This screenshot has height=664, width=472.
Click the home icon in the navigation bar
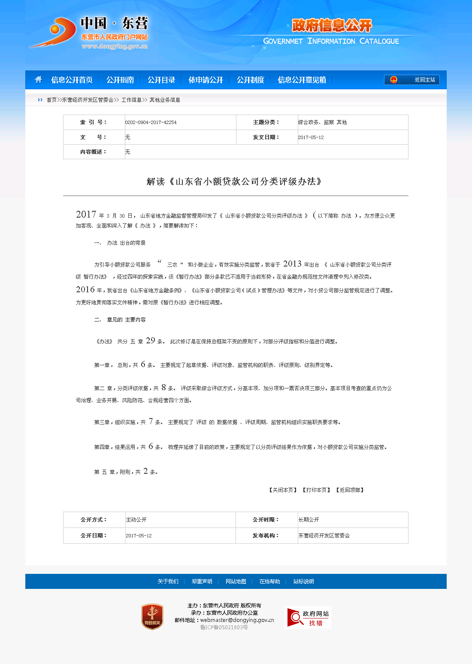click(39, 80)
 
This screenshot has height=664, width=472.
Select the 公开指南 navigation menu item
click(120, 80)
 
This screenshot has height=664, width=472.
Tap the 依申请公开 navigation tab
click(206, 80)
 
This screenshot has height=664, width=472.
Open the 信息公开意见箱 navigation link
click(302, 80)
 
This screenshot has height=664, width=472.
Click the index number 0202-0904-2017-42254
click(151, 122)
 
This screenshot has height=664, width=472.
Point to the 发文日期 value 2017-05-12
click(311, 137)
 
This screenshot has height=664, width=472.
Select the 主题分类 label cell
click(266, 122)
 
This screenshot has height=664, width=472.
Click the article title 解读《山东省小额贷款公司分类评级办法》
click(235, 182)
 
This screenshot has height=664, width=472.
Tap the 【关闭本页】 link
click(283, 490)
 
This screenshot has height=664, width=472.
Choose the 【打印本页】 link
click(317, 490)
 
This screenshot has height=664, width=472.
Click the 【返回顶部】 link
click(350, 490)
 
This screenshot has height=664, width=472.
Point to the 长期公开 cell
click(309, 520)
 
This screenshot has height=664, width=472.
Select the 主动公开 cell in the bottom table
click(136, 520)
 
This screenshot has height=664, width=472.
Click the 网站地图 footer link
click(236, 582)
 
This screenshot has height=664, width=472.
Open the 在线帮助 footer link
click(269, 582)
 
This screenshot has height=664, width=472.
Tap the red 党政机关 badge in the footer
click(152, 617)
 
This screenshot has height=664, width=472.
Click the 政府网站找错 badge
click(308, 617)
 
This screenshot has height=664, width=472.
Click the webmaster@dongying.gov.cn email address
click(237, 620)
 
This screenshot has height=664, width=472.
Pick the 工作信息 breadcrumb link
click(131, 100)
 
